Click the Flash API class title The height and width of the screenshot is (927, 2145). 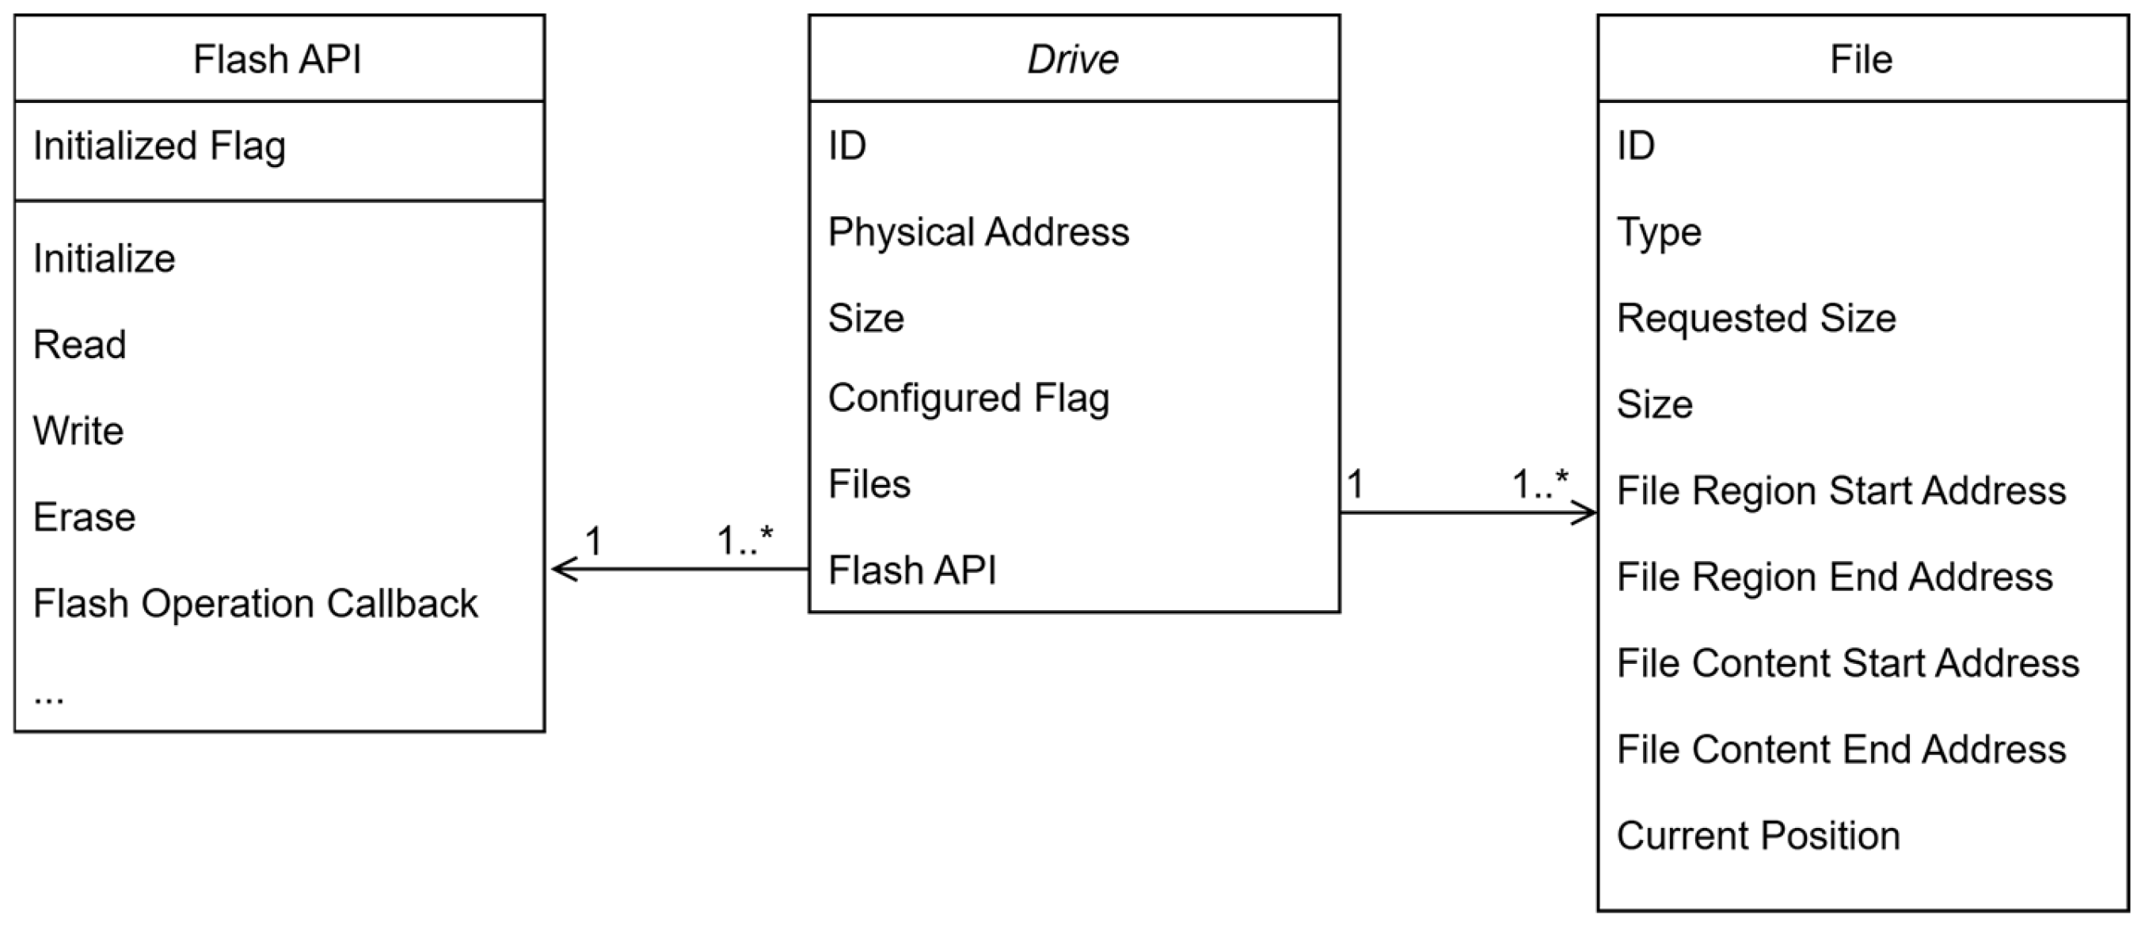pyautogui.click(x=277, y=60)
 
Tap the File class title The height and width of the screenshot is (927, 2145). pyautogui.click(x=1861, y=60)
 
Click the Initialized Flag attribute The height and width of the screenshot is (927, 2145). pyautogui.click(x=159, y=147)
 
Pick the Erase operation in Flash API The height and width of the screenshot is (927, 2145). pyautogui.click(x=84, y=518)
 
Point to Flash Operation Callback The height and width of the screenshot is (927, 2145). pyautogui.click(x=255, y=604)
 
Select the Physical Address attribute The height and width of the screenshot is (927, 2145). pyautogui.click(x=979, y=232)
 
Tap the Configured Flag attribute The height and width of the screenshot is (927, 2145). pyautogui.click(x=968, y=398)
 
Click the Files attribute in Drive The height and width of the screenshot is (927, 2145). pyautogui.click(x=869, y=485)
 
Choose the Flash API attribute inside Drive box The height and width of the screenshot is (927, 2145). pyautogui.click(x=912, y=571)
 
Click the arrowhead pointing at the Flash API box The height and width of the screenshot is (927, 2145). pyautogui.click(x=560, y=570)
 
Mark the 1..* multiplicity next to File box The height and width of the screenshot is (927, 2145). pyautogui.click(x=1539, y=485)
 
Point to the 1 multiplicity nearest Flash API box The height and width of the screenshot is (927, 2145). pyautogui.click(x=594, y=542)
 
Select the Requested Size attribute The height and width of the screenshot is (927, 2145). pyautogui.click(x=1756, y=319)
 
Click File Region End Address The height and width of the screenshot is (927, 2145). pyautogui.click(x=1835, y=577)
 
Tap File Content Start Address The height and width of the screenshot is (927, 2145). pyautogui.click(x=1848, y=664)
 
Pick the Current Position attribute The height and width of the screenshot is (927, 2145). pyautogui.click(x=1758, y=836)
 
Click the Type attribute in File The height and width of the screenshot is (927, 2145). pyautogui.click(x=1659, y=232)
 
